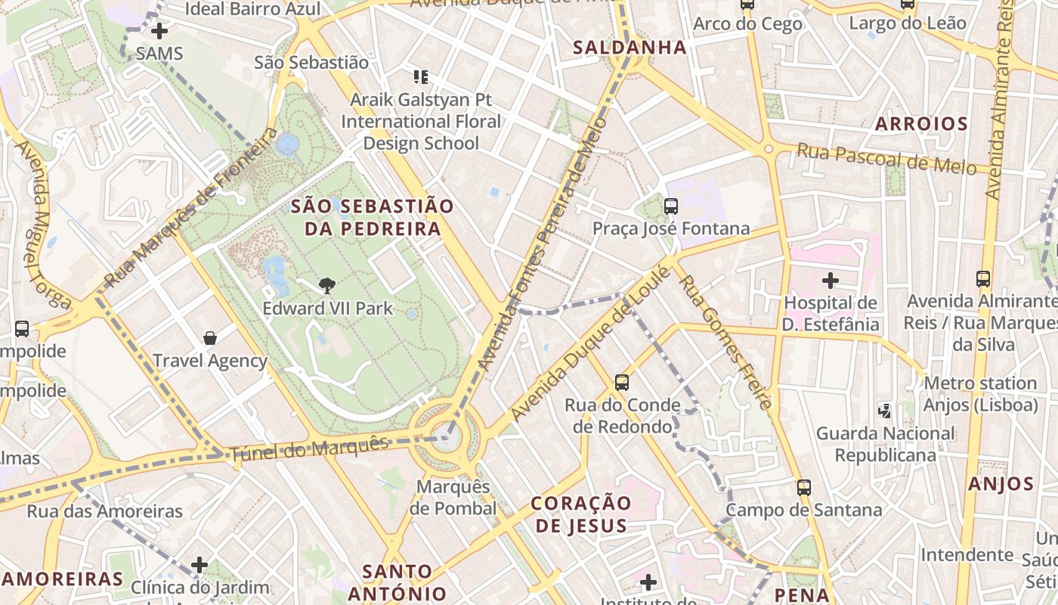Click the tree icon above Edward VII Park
click(x=326, y=285)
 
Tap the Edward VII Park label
click(x=327, y=309)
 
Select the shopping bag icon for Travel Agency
click(x=210, y=338)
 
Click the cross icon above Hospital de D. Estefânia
click(x=831, y=281)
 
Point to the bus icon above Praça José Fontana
click(x=670, y=206)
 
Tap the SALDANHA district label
click(x=630, y=48)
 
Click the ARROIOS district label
click(x=921, y=124)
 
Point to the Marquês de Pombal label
click(x=453, y=498)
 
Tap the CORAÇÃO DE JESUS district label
click(x=580, y=514)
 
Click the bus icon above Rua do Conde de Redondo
click(x=622, y=383)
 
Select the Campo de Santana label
click(x=804, y=510)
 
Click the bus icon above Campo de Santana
click(x=804, y=488)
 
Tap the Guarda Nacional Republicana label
click(x=885, y=445)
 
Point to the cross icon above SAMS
click(x=159, y=32)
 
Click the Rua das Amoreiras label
click(x=105, y=511)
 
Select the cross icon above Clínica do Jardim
click(x=200, y=565)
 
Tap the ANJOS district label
click(x=1001, y=484)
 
